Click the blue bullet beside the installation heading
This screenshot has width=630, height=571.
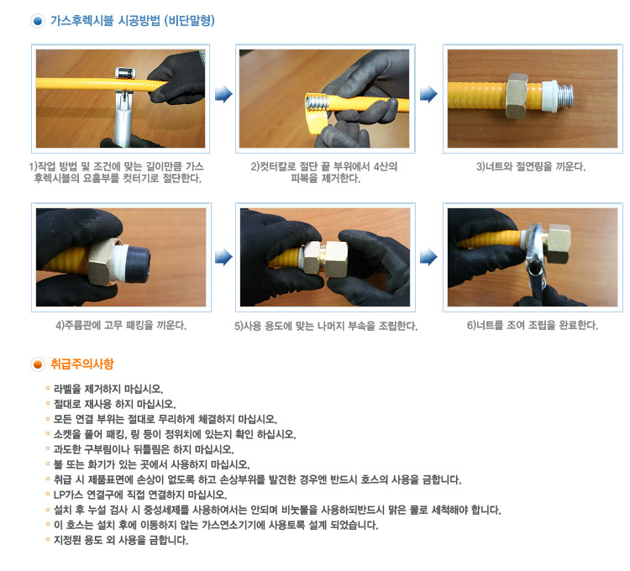(x=37, y=21)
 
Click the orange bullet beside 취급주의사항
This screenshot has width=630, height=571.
(x=37, y=364)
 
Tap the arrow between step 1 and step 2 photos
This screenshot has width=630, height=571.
(x=223, y=94)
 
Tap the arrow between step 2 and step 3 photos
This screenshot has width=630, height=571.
(x=428, y=94)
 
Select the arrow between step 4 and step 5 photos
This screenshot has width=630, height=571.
(x=223, y=258)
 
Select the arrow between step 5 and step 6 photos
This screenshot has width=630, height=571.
(x=428, y=258)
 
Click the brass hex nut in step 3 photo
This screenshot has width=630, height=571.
(x=517, y=96)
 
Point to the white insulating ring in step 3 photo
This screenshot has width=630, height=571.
(x=549, y=96)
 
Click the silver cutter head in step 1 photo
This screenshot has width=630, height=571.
(x=125, y=73)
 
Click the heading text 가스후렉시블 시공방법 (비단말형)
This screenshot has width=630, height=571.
(x=133, y=21)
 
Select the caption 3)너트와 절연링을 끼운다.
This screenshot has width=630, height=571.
(x=531, y=166)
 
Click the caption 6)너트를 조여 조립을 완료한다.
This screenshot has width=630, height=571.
(x=532, y=325)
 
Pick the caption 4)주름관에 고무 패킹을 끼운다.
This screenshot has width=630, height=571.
(x=121, y=325)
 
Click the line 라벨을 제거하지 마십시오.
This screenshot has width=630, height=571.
(x=108, y=389)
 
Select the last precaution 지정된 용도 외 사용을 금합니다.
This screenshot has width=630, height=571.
(x=121, y=540)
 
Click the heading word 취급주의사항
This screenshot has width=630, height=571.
(x=82, y=364)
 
